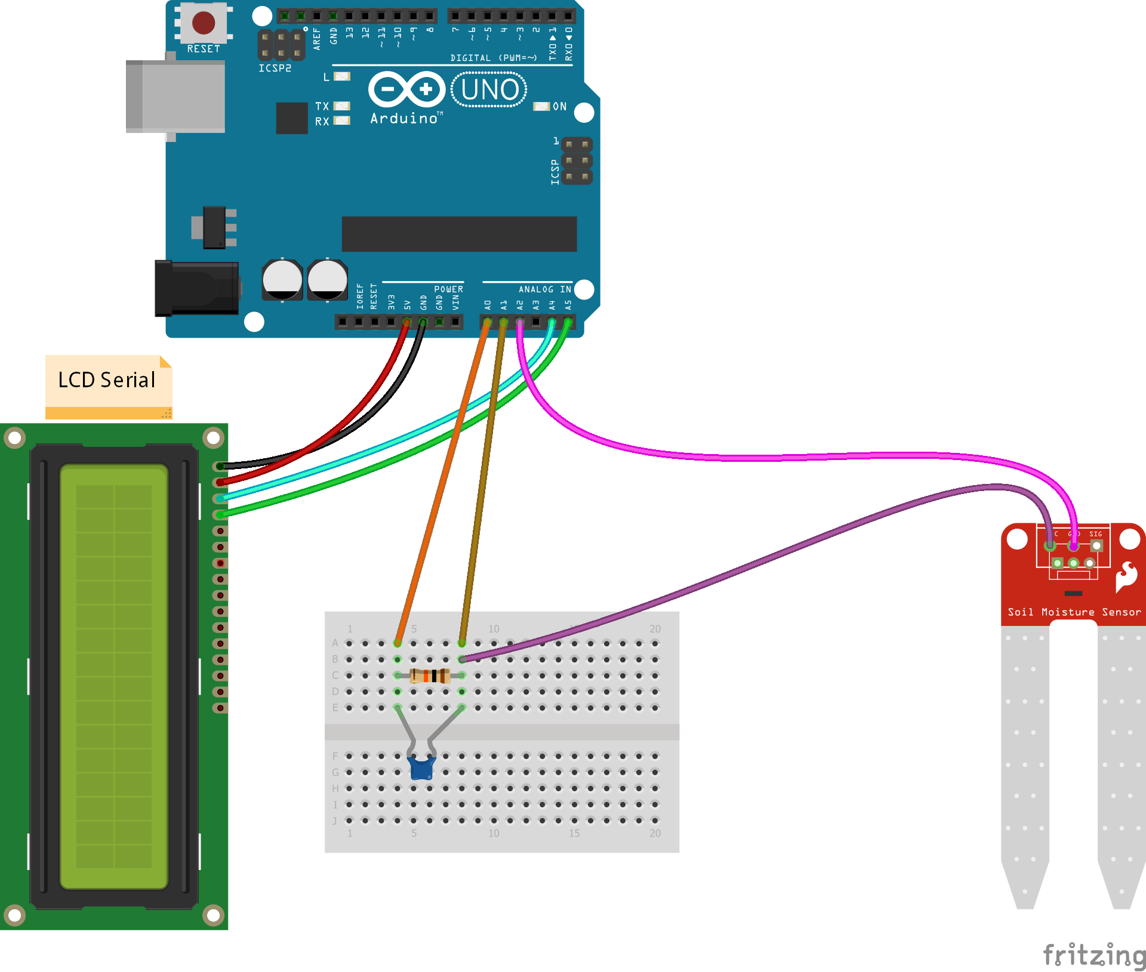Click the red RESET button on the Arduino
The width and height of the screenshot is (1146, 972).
coord(204,23)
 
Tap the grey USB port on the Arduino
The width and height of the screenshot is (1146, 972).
coord(175,96)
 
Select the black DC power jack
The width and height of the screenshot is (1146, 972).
coord(196,288)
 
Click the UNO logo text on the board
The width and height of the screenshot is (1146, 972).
coord(489,90)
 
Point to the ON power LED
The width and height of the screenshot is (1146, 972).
coord(541,106)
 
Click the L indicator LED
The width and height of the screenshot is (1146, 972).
coord(342,76)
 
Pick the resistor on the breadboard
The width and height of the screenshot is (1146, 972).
coord(430,676)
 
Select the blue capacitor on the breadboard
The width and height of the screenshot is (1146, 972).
coord(421,768)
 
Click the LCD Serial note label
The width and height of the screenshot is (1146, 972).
coord(108,381)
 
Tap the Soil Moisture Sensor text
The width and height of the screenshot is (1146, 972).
coord(1074,612)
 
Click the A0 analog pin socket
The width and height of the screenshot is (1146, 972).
coord(487,322)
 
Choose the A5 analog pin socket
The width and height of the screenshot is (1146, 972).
coord(568,322)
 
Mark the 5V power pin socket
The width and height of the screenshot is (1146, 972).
coord(407,322)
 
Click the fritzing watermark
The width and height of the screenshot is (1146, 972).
coord(1093,954)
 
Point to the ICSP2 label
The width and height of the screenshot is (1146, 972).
coord(275,69)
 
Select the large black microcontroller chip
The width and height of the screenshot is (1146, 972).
coord(459,234)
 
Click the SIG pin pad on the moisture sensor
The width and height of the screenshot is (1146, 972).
coord(1096,545)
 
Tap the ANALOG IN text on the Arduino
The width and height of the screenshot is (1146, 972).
coord(544,289)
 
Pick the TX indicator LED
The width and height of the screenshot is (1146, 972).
coord(342,106)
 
